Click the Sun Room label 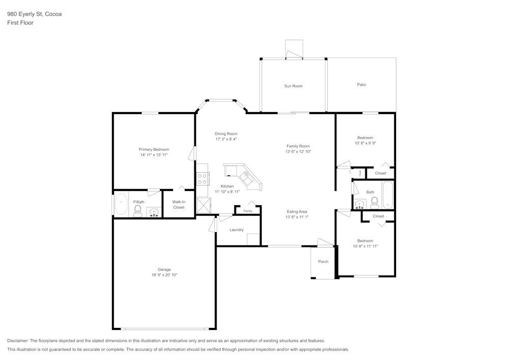click(293, 86)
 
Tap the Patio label click(361, 85)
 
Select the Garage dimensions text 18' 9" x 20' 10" click(164, 275)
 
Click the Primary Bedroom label click(154, 149)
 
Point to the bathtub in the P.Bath click(121, 204)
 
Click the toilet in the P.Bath click(137, 211)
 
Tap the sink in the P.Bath click(154, 212)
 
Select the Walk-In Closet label click(179, 205)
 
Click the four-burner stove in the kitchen click(202, 179)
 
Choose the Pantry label click(248, 211)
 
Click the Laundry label click(236, 230)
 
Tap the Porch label click(323, 261)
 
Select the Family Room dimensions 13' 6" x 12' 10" click(298, 152)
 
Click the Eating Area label click(297, 212)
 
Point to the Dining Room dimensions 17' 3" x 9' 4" click(226, 139)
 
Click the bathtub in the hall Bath click(387, 195)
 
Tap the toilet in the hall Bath click(374, 203)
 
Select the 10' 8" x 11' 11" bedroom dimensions click(365, 246)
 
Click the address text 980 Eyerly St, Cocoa click(35, 14)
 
